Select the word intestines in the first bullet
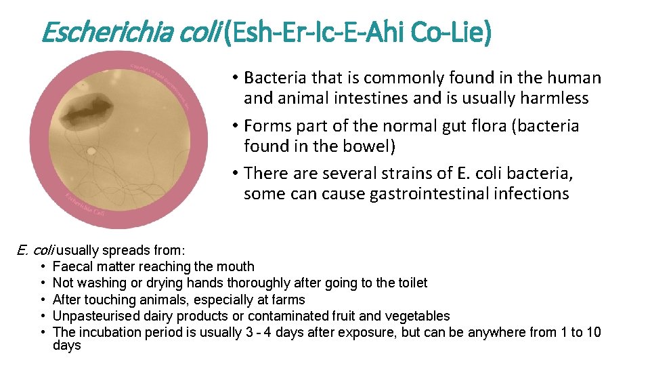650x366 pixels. click(373, 98)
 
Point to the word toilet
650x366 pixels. click(409, 283)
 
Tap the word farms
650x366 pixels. click(289, 300)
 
